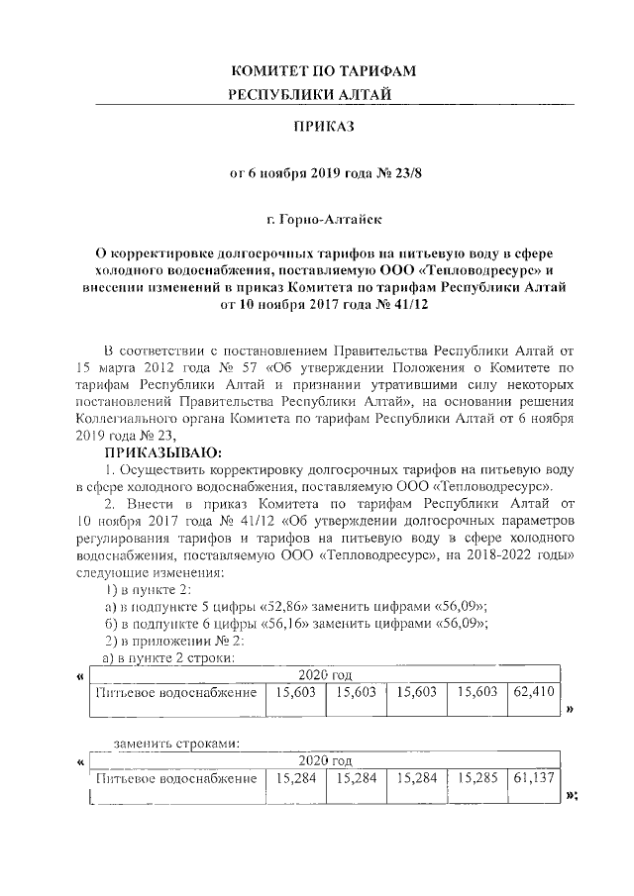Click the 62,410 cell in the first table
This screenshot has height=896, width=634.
534,693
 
